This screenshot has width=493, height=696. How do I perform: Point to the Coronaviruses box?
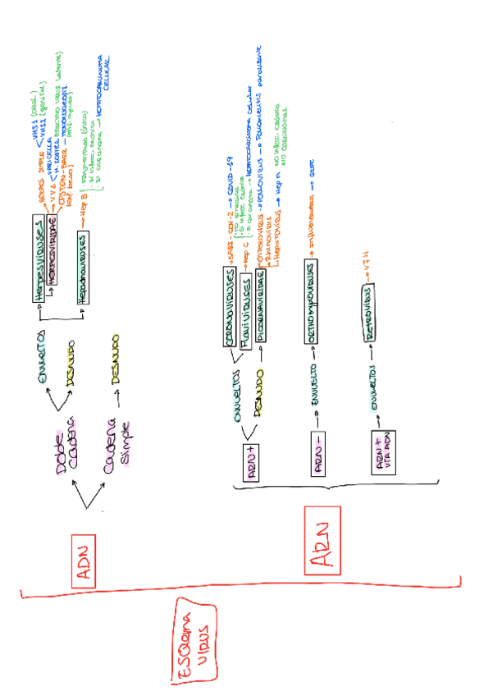click(x=231, y=296)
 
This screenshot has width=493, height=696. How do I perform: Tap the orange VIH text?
click(x=371, y=264)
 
